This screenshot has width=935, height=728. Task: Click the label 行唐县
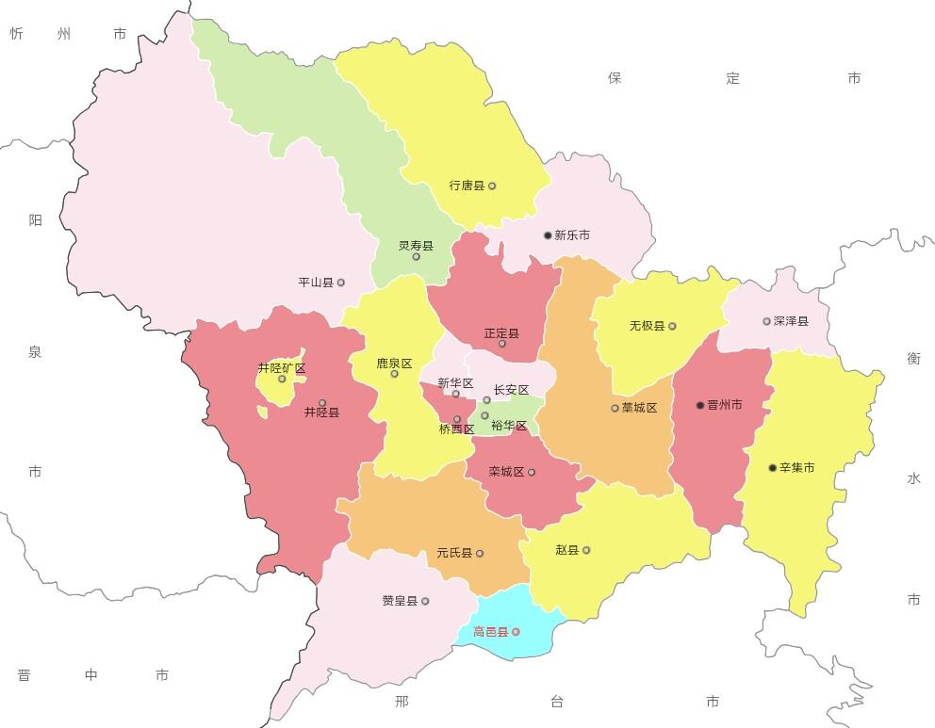[x=467, y=186]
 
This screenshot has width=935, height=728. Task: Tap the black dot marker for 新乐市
[x=548, y=235]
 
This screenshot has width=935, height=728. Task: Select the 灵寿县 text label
[x=416, y=246]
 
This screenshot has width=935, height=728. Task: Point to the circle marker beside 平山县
[x=341, y=283]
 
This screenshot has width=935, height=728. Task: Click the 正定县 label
[x=501, y=333]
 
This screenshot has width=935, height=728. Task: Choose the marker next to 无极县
[x=672, y=327]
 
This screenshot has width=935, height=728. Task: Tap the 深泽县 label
[x=791, y=321]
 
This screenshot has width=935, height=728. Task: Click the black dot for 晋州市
[x=700, y=406]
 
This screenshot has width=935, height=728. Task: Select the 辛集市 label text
[x=796, y=468]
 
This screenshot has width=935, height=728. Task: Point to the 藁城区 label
[x=639, y=409]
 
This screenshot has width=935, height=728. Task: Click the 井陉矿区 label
[x=282, y=368]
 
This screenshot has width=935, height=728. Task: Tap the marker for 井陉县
[x=322, y=403]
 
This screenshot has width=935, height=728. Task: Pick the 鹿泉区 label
[x=394, y=364]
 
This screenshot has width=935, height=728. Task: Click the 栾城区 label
[x=506, y=473]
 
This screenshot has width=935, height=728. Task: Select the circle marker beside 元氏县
[x=480, y=554]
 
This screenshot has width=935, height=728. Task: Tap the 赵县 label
[x=567, y=550]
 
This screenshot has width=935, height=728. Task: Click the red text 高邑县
[x=490, y=632]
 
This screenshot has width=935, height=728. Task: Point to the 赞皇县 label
[x=400, y=601]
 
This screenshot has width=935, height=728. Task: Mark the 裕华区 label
[x=509, y=427]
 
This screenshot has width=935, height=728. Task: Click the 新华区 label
[x=455, y=383]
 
